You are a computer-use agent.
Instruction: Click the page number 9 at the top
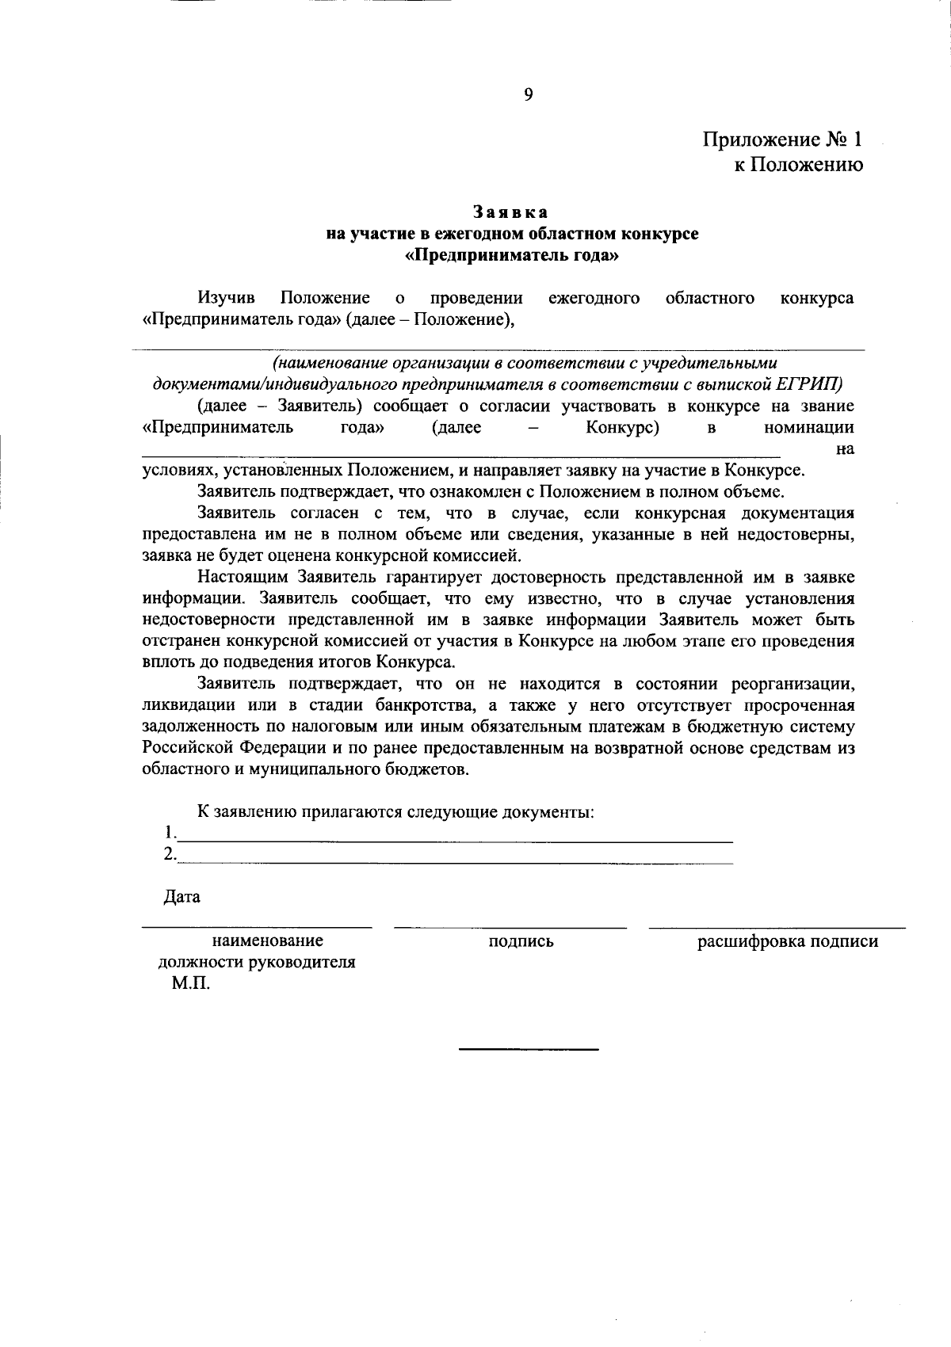[528, 95]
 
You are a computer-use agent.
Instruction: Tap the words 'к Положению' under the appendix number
[797, 164]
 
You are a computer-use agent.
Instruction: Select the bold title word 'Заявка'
[511, 212]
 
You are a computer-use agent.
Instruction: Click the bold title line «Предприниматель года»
[511, 256]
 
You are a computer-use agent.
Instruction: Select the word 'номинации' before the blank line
[808, 428]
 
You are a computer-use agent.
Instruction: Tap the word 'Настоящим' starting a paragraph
[246, 577]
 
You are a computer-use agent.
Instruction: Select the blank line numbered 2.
[456, 860]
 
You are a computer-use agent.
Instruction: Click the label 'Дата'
[182, 897]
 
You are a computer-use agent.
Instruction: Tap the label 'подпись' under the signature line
[521, 941]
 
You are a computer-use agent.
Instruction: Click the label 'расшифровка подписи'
[787, 941]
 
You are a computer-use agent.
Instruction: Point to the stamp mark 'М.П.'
[191, 984]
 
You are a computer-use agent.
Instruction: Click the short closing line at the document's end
[529, 1050]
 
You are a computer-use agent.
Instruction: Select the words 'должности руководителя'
[256, 963]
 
